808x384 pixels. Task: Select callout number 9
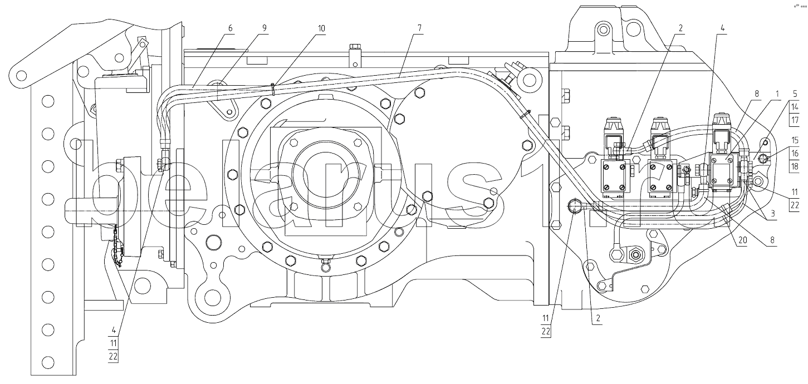(265, 28)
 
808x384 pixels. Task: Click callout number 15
(795, 140)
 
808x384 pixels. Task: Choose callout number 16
(795, 153)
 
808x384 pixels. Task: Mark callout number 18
(795, 165)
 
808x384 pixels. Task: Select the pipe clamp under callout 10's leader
(273, 88)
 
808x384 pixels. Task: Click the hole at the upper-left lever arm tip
(21, 73)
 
